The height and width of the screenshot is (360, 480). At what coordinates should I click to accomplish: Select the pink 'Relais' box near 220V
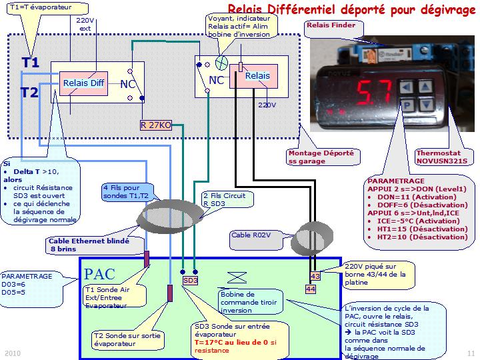tap(257, 76)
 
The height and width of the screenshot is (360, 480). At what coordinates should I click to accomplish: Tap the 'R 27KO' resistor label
tap(156, 125)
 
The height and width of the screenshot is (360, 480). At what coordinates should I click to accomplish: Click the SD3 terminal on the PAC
tap(191, 281)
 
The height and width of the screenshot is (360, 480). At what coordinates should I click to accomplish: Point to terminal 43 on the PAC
tap(315, 276)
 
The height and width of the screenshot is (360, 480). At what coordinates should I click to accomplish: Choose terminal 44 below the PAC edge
tap(310, 289)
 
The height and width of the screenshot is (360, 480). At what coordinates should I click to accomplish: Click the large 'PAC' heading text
tap(100, 274)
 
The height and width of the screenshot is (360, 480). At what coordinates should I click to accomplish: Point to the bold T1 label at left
tap(31, 63)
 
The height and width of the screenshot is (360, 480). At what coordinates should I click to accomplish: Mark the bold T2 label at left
tap(29, 93)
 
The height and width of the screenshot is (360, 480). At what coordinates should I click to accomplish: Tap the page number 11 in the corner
tap(471, 353)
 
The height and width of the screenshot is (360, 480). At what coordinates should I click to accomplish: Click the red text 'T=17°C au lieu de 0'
tap(233, 342)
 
